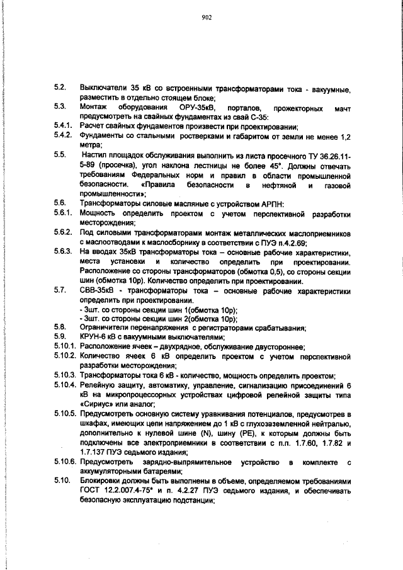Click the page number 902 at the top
point(205,18)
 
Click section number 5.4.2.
point(62,135)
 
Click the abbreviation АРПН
point(273,203)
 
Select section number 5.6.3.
point(62,253)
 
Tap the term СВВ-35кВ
point(95,290)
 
